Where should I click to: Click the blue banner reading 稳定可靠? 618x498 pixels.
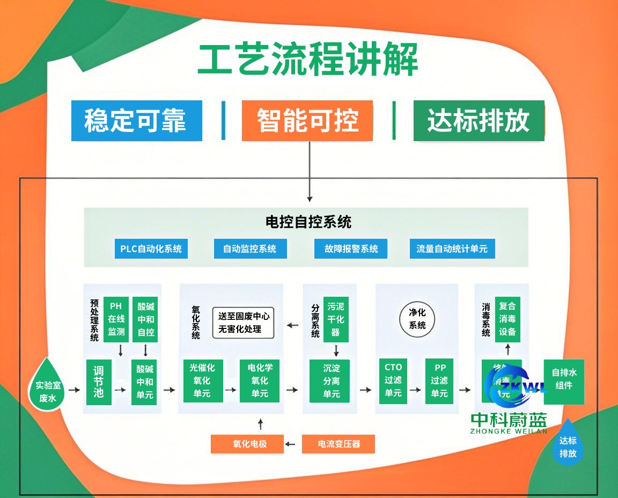[x=137, y=121]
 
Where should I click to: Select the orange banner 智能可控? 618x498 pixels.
[x=307, y=121]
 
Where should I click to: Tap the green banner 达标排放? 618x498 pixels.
[x=479, y=121]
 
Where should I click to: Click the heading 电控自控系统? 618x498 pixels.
[x=308, y=222]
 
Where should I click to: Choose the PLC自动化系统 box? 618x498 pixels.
[x=151, y=249]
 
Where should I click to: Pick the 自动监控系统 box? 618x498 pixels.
[x=249, y=249]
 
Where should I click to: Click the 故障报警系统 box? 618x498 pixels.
[x=351, y=249]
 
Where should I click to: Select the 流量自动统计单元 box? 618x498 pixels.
[x=452, y=249]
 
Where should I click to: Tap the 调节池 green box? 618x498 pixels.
[x=98, y=382]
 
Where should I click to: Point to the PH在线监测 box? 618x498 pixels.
[x=116, y=319]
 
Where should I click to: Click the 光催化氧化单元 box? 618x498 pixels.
[x=202, y=380]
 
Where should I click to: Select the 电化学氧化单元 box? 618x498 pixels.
[x=260, y=380]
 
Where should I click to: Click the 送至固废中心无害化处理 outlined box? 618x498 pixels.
[x=244, y=323]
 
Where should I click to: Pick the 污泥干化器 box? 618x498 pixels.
[x=335, y=320]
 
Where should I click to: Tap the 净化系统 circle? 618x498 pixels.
[x=417, y=319]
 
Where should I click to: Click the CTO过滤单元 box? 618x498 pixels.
[x=393, y=380]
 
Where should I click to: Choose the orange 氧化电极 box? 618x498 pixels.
[x=249, y=444]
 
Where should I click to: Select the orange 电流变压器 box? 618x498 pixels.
[x=339, y=444]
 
